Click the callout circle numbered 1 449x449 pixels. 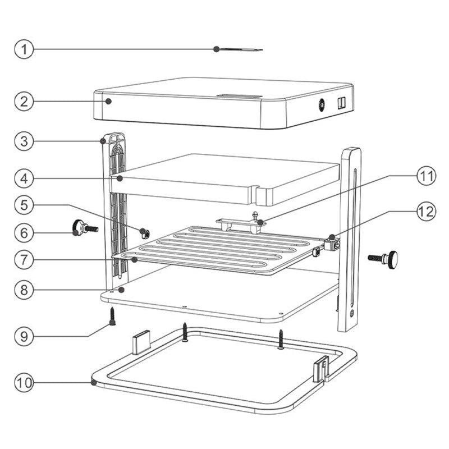[24, 49]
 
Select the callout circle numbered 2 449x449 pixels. [24, 102]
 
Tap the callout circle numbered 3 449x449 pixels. [24, 140]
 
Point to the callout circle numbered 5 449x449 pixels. [24, 205]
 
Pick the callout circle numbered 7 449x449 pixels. [24, 260]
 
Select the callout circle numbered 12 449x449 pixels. [425, 212]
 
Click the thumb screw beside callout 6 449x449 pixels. [84, 227]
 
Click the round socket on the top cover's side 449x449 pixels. [322, 104]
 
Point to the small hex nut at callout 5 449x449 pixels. [144, 233]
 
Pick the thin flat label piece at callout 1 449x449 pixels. [240, 49]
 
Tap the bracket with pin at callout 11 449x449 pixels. [241, 223]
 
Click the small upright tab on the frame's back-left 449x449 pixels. [141, 340]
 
